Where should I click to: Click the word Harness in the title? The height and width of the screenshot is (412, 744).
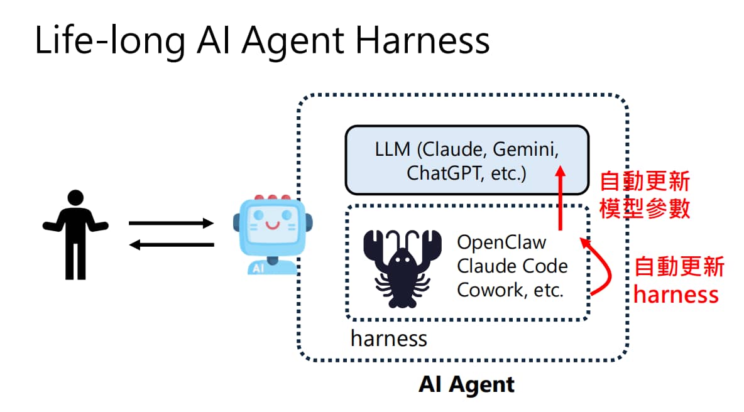(422, 41)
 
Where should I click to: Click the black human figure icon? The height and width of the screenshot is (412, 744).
(75, 234)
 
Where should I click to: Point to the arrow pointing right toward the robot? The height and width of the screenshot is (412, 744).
(172, 223)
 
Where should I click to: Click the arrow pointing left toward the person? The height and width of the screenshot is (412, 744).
(172, 245)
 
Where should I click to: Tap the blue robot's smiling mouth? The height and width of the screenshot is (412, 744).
(272, 225)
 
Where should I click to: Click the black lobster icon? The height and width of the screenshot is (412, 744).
(402, 268)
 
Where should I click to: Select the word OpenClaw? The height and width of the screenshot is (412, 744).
(501, 242)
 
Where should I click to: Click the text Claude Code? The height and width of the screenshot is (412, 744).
(512, 266)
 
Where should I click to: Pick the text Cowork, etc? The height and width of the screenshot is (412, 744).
(510, 290)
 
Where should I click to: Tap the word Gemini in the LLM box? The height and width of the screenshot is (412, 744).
(526, 150)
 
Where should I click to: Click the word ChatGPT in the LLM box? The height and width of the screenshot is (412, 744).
(443, 173)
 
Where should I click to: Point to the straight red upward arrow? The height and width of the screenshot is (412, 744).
(561, 198)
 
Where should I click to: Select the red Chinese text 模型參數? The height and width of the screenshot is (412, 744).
(644, 208)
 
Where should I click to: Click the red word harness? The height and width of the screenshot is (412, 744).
(676, 295)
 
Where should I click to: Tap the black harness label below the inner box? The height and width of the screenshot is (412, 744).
(388, 339)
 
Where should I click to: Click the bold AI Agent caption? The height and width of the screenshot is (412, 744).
(466, 384)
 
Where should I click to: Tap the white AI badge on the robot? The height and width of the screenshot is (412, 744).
(258, 268)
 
